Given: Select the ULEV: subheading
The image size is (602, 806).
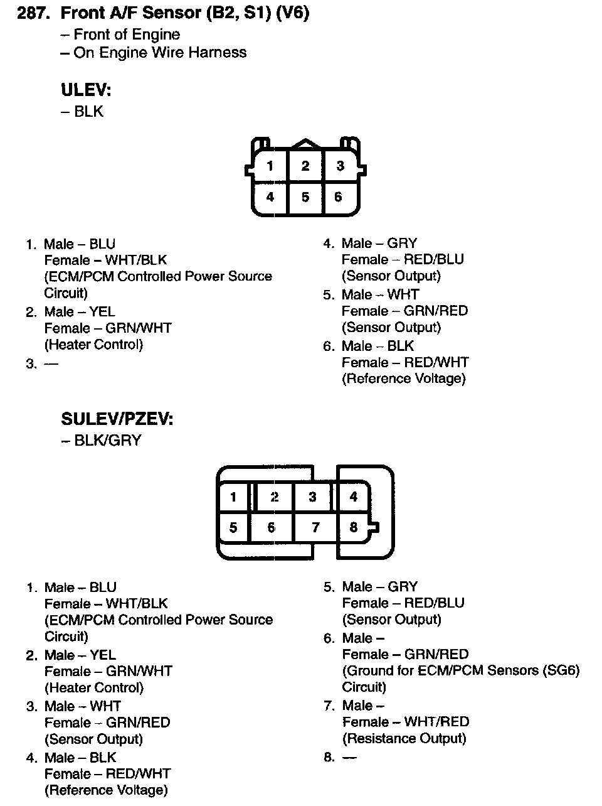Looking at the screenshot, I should coord(86,90).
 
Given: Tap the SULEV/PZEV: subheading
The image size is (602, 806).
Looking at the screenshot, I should coord(117,419).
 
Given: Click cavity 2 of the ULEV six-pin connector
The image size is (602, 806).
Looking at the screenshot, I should coord(305,166).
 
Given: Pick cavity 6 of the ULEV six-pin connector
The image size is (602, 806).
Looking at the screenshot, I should coord(338,197).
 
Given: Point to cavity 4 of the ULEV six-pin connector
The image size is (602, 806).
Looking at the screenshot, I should coord(270,197).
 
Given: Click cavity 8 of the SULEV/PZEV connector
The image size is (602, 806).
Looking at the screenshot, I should coord(354,527).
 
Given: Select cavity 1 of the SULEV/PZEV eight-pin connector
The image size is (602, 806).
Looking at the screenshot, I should coord(233,497).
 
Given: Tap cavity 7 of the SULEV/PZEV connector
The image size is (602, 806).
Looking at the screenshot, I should coord(315,527).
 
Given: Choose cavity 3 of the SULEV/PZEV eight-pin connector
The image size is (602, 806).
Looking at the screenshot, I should coord(312,497).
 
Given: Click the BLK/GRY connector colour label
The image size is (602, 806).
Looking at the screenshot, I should coord(107,441).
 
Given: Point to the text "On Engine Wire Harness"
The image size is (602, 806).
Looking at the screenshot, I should coord(159,53).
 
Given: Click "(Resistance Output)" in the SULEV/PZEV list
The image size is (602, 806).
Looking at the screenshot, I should coord(404,738).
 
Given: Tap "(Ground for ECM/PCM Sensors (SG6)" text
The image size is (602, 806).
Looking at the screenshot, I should coord(461,670).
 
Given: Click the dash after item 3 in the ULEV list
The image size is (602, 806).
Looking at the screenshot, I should coord(51,363).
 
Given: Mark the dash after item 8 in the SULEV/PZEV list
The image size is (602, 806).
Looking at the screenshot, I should coord(349,757).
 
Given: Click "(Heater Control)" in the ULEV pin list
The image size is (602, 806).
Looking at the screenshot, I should coord(93,345).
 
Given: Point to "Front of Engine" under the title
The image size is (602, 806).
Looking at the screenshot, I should coord(126,35).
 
